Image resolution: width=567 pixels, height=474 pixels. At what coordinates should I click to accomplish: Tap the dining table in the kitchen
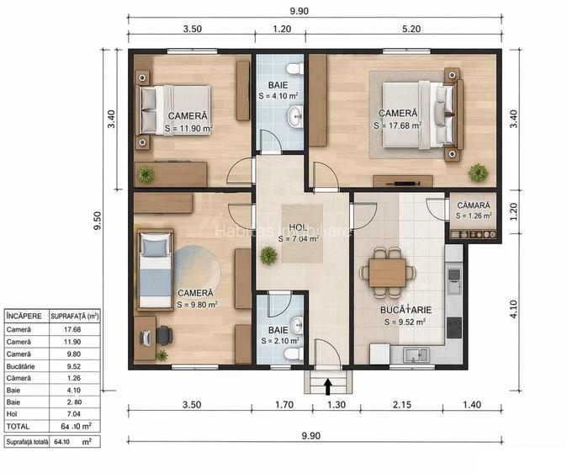(x=387, y=271)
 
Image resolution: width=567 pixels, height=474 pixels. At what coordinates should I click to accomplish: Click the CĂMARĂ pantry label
(x=471, y=204)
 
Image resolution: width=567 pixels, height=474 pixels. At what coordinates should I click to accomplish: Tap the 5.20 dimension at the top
(x=411, y=28)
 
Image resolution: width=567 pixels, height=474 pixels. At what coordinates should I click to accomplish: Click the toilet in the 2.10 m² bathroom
(x=293, y=354)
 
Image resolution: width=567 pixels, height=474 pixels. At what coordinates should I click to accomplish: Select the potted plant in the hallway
(x=268, y=254)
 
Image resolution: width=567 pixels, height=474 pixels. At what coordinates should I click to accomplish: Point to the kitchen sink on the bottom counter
(x=411, y=355)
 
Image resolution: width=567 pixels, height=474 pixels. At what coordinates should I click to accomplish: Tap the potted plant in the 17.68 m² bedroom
(x=478, y=173)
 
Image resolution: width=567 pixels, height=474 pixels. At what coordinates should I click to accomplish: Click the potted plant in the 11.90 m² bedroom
(x=146, y=174)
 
